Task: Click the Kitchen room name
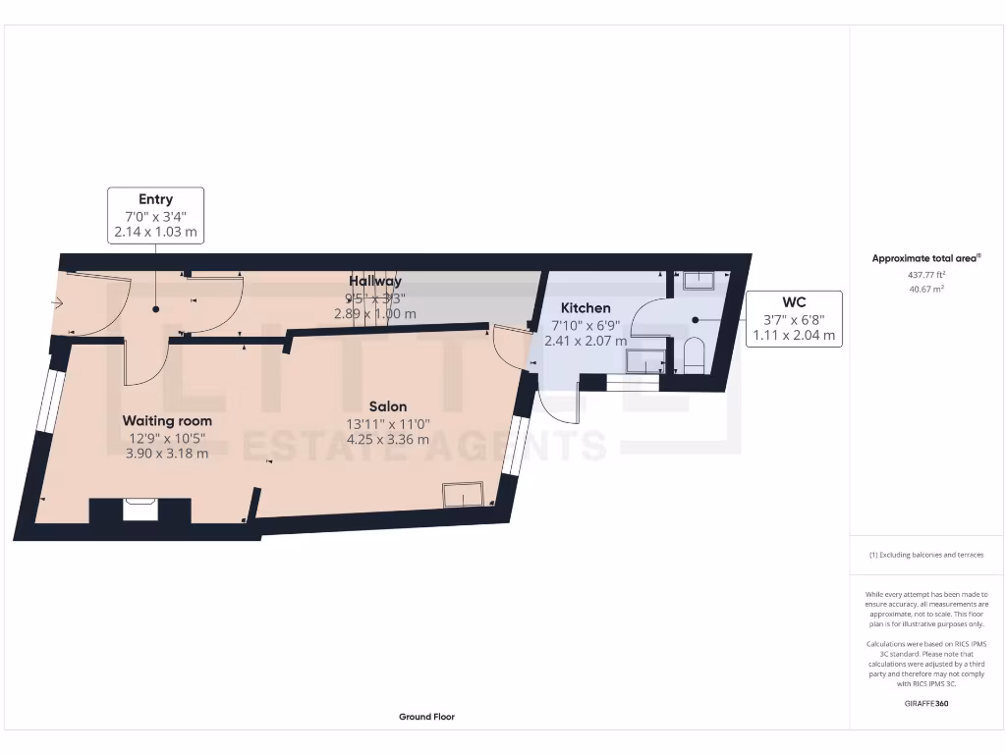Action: pos(586,308)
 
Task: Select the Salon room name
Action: pos(388,406)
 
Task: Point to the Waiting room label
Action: pos(167,420)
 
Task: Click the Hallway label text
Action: pos(374,282)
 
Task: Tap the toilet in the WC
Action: pos(693,354)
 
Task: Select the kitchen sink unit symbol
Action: pos(645,361)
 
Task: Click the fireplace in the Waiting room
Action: pos(139,510)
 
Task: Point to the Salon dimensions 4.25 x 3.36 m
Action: pos(388,439)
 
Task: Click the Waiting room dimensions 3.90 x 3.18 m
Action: pos(167,454)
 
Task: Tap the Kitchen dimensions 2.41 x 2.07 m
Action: pos(586,341)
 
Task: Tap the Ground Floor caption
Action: pos(426,717)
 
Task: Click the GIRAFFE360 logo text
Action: pos(926,703)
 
